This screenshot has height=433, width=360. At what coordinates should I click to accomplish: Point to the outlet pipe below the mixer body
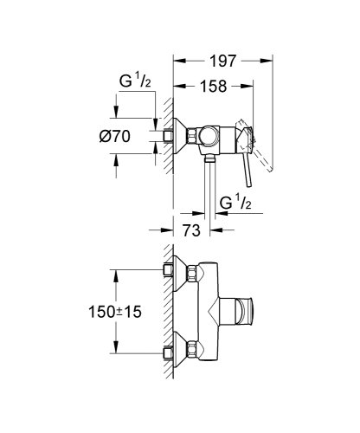(x=210, y=186)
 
